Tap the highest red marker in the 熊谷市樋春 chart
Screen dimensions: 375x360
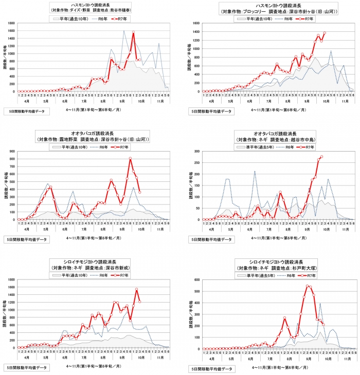(x=133, y=32)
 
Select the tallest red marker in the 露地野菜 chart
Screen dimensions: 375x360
(x=130, y=158)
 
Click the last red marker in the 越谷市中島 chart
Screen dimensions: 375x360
(x=321, y=157)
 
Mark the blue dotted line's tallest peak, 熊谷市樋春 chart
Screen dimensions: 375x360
(x=124, y=31)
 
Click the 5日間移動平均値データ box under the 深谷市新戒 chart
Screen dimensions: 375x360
(x=26, y=367)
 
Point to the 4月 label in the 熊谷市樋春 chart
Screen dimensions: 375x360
(x=26, y=101)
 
